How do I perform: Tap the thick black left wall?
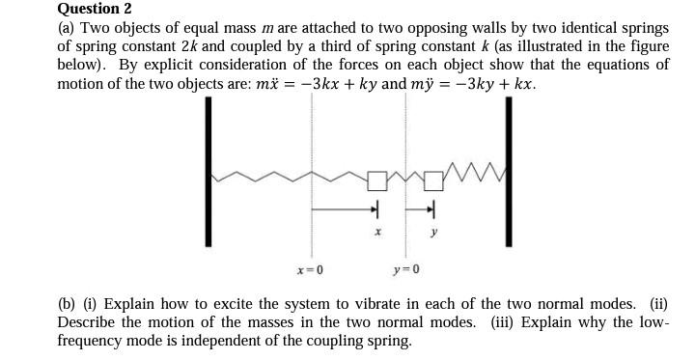208,174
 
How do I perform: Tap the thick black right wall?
503,174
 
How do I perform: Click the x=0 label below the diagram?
310,268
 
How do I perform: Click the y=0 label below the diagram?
406,268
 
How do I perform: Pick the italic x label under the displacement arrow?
377,233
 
